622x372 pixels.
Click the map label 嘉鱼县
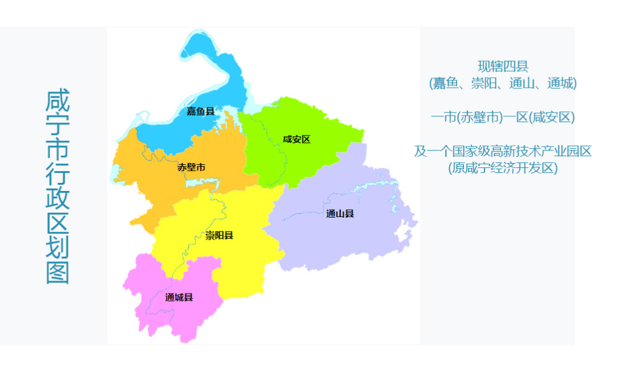(x=200, y=111)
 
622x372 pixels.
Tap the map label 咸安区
(x=296, y=139)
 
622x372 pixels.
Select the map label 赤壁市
(x=191, y=167)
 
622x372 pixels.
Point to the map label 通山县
(x=340, y=214)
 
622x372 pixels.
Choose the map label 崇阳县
(x=219, y=236)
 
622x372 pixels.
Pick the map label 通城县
(x=179, y=297)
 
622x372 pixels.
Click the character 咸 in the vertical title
(x=57, y=103)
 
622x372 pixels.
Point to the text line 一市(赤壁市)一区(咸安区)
(x=503, y=117)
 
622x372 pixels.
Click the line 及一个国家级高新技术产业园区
(x=503, y=151)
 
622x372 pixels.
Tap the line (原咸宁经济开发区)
(x=503, y=168)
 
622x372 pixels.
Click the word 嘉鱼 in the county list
(x=446, y=83)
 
